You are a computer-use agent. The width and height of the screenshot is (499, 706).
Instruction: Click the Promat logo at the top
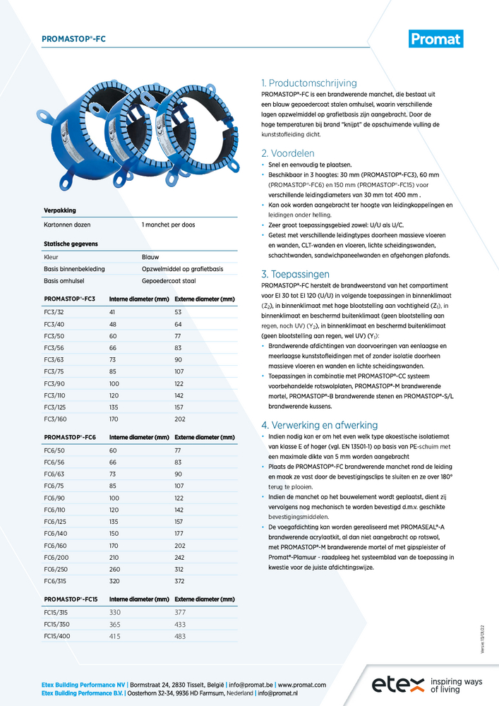point(435,39)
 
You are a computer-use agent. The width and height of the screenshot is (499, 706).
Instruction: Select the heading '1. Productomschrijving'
point(309,83)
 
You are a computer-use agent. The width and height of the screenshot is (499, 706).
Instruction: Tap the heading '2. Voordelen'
point(288,153)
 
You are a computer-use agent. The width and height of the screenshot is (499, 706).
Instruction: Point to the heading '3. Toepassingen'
point(295,274)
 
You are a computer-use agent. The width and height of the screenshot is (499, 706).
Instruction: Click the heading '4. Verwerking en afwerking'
point(319,425)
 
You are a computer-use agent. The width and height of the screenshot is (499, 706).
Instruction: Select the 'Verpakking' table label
point(59,210)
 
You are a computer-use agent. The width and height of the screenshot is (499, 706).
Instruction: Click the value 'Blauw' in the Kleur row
point(150,258)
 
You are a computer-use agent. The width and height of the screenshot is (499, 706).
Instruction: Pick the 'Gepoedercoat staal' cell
point(169,280)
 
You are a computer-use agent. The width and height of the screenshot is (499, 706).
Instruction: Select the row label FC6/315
point(56,581)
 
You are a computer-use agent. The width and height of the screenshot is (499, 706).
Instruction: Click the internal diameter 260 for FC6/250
point(115,570)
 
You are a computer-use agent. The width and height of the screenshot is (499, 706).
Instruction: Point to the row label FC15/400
point(58,636)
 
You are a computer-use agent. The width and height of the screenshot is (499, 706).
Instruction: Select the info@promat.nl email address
point(287,694)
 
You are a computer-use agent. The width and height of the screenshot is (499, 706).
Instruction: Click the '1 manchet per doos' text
point(168,225)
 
